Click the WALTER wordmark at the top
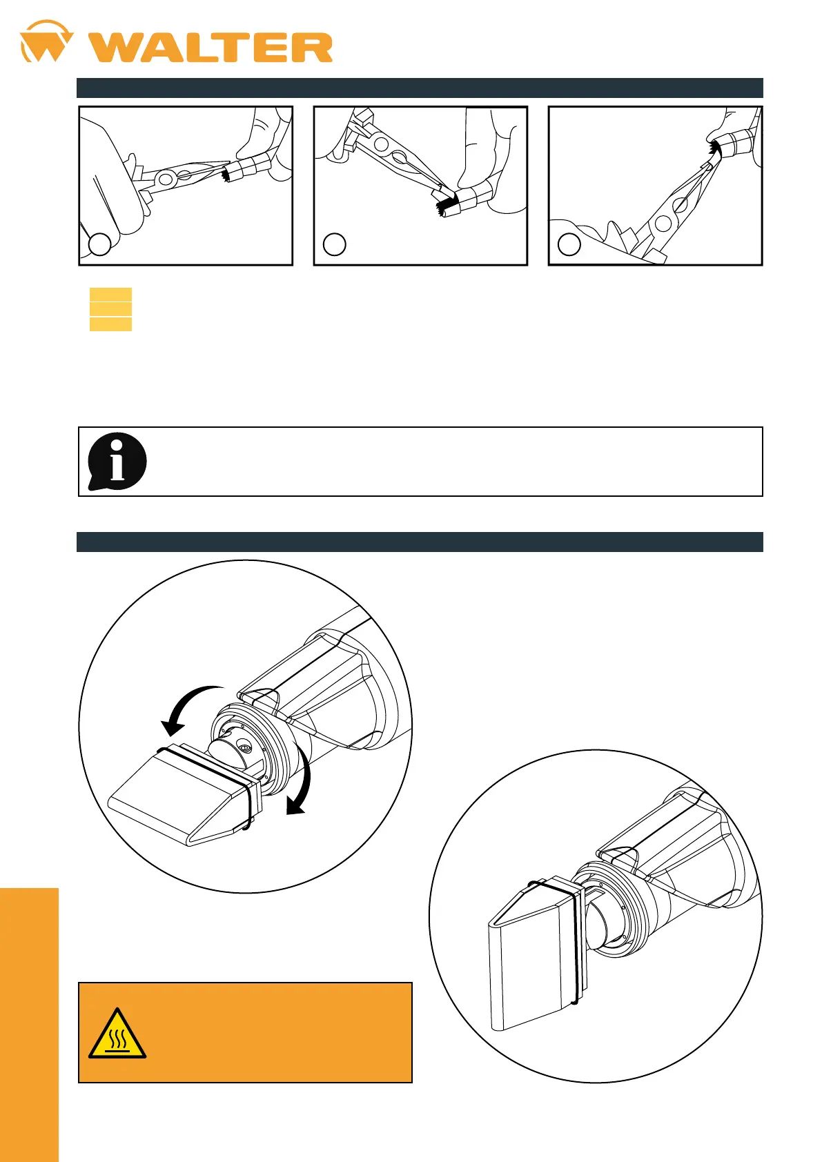click(x=211, y=48)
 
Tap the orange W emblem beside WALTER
click(x=46, y=41)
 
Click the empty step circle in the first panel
click(x=99, y=244)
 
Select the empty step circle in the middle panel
click(x=334, y=244)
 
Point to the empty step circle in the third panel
click(x=569, y=244)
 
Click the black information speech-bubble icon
click(x=117, y=461)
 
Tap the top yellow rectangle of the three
click(x=110, y=294)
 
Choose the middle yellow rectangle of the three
click(x=110, y=309)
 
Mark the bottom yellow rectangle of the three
click(x=110, y=324)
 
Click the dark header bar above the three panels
click(x=420, y=88)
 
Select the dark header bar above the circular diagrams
click(x=420, y=542)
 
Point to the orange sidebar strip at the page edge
click(x=29, y=1025)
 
